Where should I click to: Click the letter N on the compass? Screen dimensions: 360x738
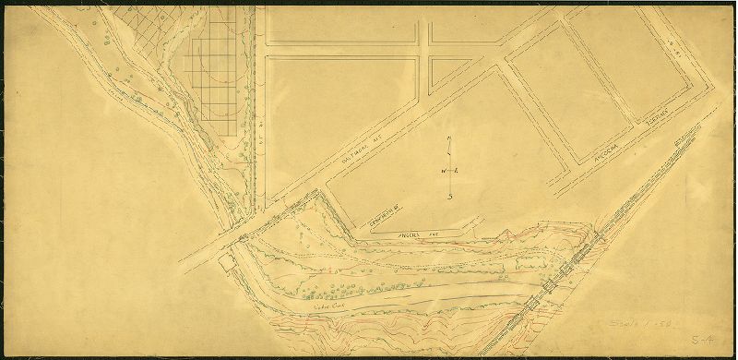pyautogui.click(x=448, y=139)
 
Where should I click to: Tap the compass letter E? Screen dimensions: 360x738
pyautogui.click(x=458, y=172)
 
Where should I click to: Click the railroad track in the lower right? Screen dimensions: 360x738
pyautogui.click(x=572, y=268)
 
